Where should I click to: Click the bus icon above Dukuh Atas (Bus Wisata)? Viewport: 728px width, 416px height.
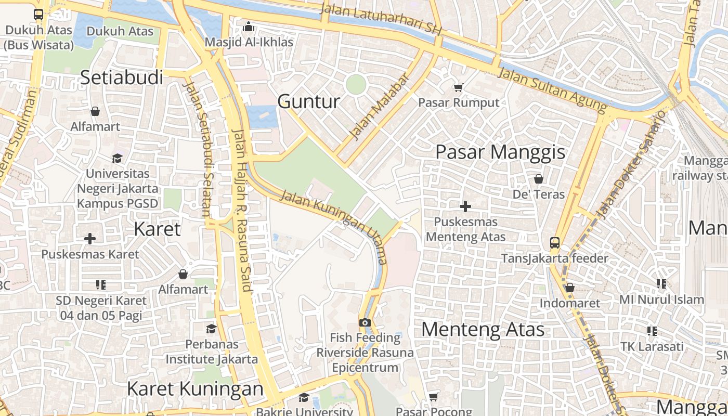pos(38,14)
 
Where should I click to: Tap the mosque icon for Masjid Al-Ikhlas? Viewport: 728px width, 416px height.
pos(249,26)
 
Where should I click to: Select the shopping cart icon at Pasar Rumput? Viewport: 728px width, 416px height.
pos(458,87)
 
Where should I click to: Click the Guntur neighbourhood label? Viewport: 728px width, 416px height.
pos(309,101)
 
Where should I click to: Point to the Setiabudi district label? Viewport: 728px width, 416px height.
pos(121,77)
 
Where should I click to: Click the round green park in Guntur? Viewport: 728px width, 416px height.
pos(356,84)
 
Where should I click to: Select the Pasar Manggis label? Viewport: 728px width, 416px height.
pos(500,152)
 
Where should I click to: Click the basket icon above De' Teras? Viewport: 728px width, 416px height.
pos(538,179)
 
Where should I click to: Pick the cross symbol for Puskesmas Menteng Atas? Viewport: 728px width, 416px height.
pos(465,206)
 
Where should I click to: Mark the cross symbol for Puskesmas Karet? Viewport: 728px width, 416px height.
pos(90,239)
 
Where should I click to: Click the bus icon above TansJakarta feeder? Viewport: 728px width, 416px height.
pos(554,242)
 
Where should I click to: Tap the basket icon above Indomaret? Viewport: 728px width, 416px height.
pos(569,288)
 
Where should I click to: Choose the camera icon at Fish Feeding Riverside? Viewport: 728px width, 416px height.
pos(365,322)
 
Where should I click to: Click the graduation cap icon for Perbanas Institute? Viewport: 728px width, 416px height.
pos(211,329)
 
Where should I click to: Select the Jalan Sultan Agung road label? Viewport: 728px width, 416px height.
pos(552,90)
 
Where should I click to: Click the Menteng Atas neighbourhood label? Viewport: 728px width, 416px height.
pos(483,330)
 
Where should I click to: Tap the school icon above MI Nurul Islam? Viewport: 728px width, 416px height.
pos(661,284)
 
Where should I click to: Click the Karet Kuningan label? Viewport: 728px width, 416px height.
pos(195,389)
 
